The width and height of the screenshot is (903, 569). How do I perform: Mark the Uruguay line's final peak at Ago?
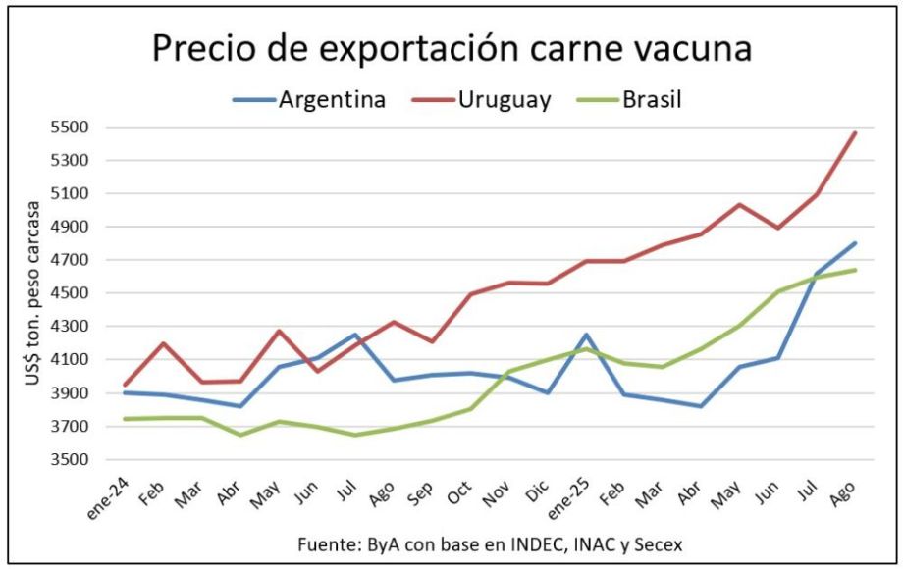[855, 132]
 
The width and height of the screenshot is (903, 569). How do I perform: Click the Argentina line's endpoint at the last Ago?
[855, 243]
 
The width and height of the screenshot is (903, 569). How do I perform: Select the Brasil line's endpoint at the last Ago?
[855, 270]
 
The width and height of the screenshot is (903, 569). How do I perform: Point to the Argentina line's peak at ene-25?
[586, 336]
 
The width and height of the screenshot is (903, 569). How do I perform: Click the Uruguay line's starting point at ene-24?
[125, 385]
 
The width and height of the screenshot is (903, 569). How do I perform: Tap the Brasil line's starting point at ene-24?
[125, 419]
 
